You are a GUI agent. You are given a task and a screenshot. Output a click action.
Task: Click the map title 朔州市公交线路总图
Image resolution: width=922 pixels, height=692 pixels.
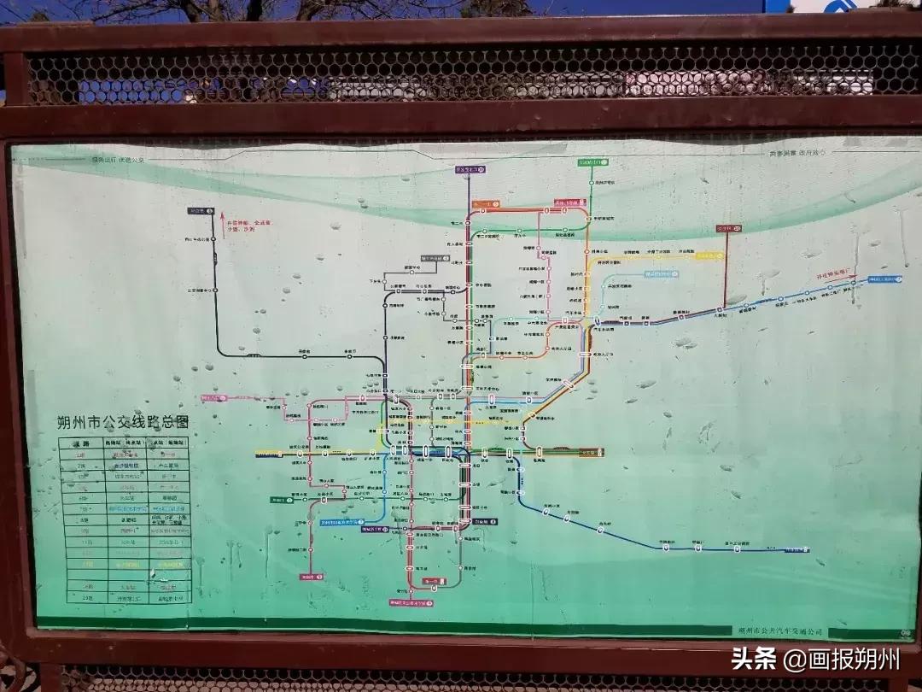pyautogui.click(x=121, y=421)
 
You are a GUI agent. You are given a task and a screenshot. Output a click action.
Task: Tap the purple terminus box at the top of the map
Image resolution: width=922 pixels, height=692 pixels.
pyautogui.click(x=470, y=170)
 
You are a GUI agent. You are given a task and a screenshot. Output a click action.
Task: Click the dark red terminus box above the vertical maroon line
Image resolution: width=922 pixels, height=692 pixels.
pyautogui.click(x=727, y=229)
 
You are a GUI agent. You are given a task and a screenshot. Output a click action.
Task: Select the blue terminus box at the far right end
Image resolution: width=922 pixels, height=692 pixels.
pyautogui.click(x=885, y=279)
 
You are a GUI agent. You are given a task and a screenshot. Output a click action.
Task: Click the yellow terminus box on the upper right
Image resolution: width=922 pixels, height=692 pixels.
pyautogui.click(x=709, y=255)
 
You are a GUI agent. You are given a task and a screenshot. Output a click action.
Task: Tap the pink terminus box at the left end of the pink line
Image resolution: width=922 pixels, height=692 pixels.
pyautogui.click(x=214, y=398)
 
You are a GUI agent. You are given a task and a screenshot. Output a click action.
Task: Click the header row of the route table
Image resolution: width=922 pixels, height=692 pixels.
pyautogui.click(x=124, y=443)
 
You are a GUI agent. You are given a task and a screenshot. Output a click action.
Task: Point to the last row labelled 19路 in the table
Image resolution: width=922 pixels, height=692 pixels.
pyautogui.click(x=124, y=598)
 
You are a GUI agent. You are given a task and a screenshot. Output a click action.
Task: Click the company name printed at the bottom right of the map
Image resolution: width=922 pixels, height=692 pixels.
pyautogui.click(x=781, y=630)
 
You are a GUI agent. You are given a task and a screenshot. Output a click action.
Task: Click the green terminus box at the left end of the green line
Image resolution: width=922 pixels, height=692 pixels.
pyautogui.click(x=280, y=501)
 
